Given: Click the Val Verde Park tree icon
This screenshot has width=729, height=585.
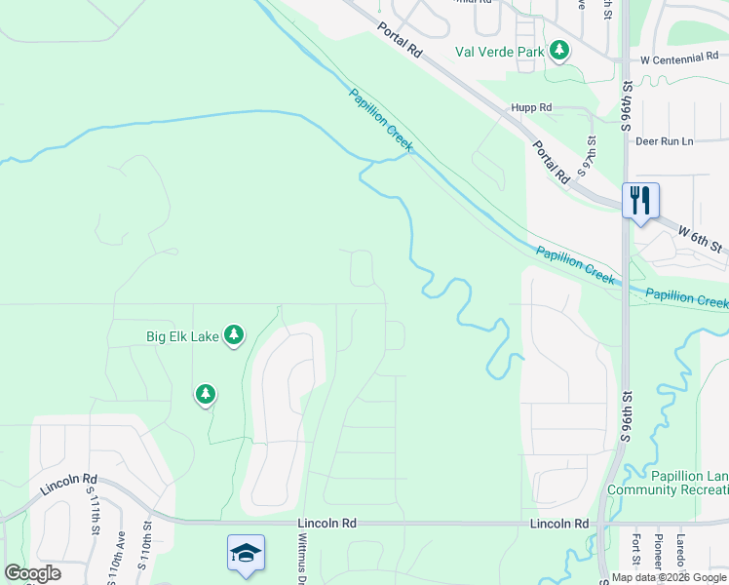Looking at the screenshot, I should [x=558, y=50].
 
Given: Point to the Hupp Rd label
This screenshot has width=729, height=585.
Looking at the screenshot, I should [x=531, y=107].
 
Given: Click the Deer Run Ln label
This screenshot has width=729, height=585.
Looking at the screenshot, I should [x=664, y=141].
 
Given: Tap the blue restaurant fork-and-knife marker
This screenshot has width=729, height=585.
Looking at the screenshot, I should [x=640, y=201].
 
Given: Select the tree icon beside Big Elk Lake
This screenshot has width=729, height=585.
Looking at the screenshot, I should [x=234, y=335].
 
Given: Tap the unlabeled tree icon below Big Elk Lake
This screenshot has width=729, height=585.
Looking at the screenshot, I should [x=205, y=394].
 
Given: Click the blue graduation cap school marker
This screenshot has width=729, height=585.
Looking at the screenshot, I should [x=246, y=553].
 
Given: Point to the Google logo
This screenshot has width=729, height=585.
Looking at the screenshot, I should [x=32, y=572].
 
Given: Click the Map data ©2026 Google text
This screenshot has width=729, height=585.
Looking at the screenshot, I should [x=669, y=577].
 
